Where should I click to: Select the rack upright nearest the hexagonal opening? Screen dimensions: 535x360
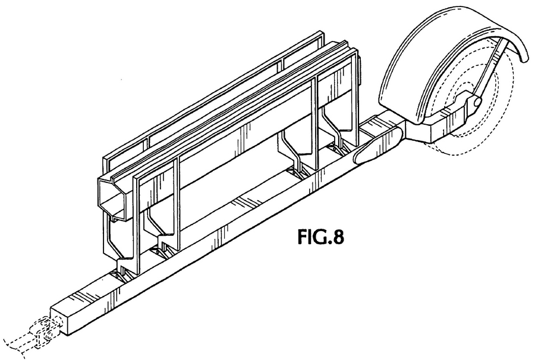click(137, 222)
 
